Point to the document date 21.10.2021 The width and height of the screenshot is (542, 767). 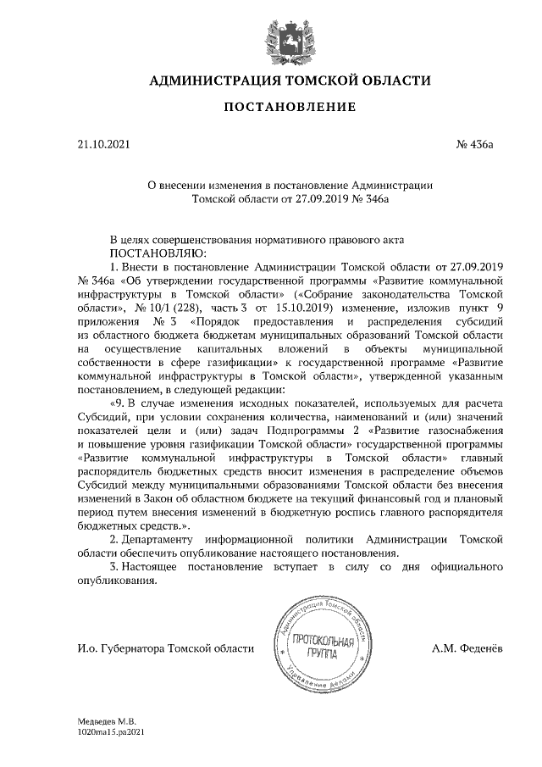click(101, 145)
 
